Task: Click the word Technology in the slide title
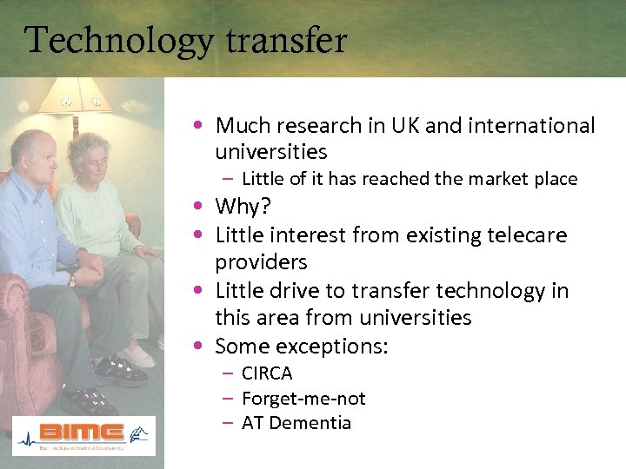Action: pyautogui.click(x=106, y=40)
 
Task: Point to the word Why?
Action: pyautogui.click(x=244, y=207)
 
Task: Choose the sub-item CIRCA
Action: pyautogui.click(x=267, y=373)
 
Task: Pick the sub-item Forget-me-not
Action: pyautogui.click(x=303, y=399)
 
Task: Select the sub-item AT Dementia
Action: pyautogui.click(x=296, y=424)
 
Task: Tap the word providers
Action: pyautogui.click(x=261, y=262)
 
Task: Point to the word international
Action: pyautogui.click(x=531, y=126)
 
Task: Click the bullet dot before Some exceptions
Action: pyautogui.click(x=201, y=347)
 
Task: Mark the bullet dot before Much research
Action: pyautogui.click(x=201, y=126)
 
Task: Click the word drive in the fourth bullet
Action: pyautogui.click(x=296, y=291)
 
